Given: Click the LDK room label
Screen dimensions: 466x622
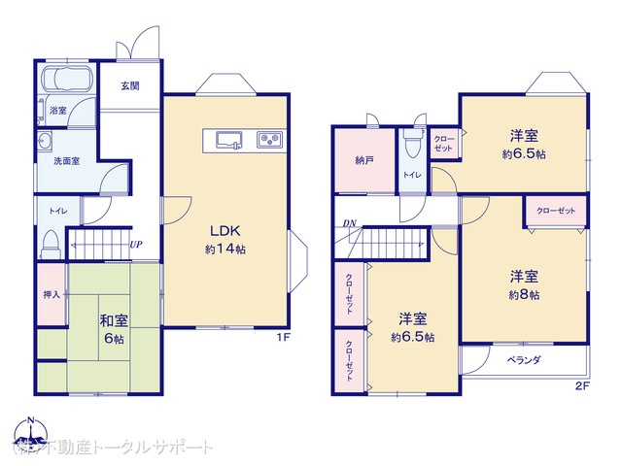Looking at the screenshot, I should pos(224,231).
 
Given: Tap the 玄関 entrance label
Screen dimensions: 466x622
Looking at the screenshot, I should pos(129,85).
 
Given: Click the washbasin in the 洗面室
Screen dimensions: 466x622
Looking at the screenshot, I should pos(46,144).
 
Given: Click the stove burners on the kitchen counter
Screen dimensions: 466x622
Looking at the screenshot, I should pos(268,141).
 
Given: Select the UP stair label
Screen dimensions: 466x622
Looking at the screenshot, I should pos(137,244).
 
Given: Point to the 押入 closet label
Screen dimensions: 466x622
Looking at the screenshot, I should pos(52,292).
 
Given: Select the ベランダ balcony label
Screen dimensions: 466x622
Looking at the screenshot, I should pos(523,360).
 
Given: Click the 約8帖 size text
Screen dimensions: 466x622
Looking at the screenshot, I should pos(523,294).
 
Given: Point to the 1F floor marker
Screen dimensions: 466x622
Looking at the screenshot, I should pos(283,338).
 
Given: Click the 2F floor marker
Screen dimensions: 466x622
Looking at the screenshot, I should pos(582,385).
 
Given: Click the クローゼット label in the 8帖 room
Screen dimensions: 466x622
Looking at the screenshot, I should pos(555,211).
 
